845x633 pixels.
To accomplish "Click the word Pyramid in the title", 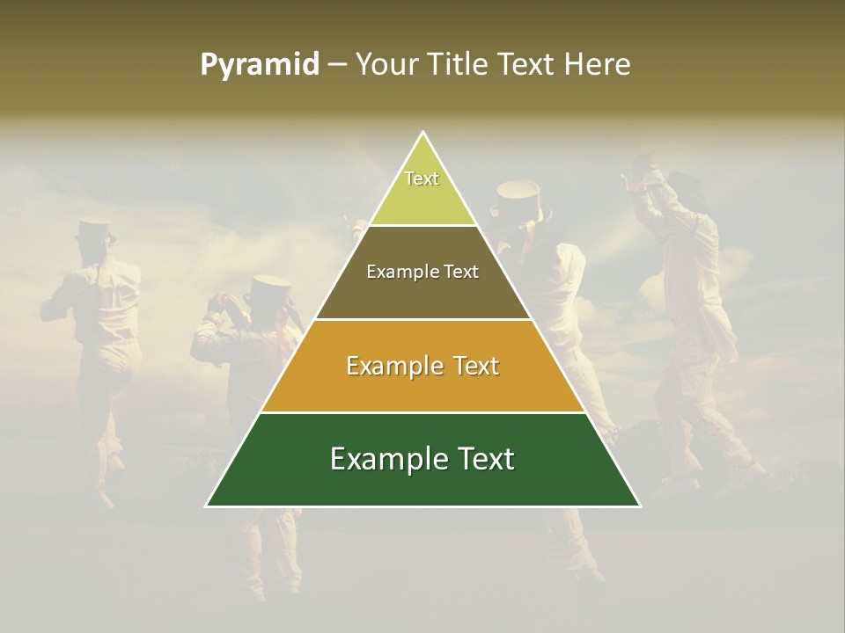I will tap(260, 65).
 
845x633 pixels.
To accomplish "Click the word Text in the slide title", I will tap(529, 65).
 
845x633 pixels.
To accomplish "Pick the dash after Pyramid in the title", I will tap(336, 65).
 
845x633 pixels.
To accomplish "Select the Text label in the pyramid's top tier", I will tap(422, 179).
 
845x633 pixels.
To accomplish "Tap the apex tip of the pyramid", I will tap(423, 133).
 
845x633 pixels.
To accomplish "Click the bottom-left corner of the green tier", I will tap(207, 506).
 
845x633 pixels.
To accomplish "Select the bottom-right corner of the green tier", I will tap(640, 506).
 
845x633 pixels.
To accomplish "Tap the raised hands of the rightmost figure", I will tap(641, 165).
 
